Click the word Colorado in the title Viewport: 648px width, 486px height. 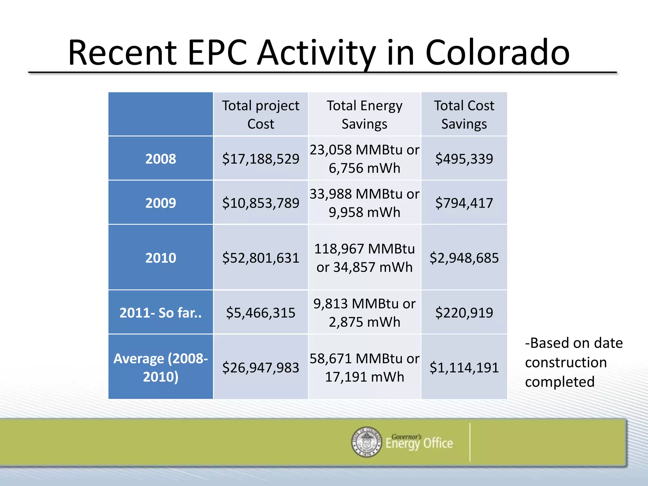[497, 53]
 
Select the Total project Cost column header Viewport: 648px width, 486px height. [260, 115]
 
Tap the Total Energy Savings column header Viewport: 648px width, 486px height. [364, 115]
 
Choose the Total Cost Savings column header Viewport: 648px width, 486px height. [464, 115]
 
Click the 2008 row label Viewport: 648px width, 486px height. [160, 159]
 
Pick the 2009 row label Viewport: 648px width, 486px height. [160, 203]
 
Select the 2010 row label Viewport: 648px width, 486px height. [160, 258]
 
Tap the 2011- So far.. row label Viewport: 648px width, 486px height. [160, 313]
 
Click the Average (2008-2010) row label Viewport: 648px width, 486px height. [160, 367]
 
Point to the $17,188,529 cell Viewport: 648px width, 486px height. [260, 159]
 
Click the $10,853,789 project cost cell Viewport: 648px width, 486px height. [260, 203]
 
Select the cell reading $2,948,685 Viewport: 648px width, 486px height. [464, 258]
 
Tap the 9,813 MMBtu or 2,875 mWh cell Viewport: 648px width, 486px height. [364, 313]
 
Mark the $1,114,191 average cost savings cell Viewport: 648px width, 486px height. [464, 367]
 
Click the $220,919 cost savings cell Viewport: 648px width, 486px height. [464, 313]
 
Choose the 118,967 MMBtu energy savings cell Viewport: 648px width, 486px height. [364, 258]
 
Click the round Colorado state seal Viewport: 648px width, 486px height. [367, 442]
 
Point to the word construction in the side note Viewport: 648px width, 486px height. [566, 362]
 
